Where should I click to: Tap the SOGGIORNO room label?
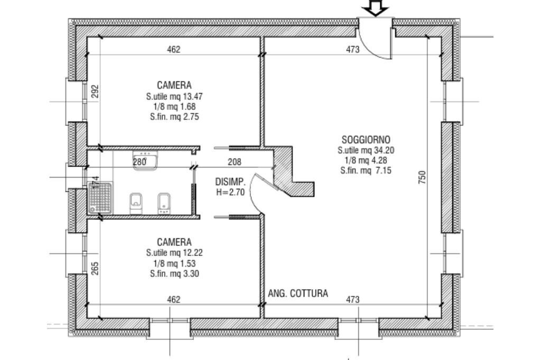[x=366, y=140]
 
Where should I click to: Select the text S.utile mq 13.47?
[x=174, y=97]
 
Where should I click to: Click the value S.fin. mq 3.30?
[x=174, y=273]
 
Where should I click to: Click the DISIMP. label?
[x=230, y=182]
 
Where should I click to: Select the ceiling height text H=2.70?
[x=230, y=192]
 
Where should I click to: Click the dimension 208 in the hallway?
[x=235, y=162]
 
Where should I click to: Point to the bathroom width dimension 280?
[x=139, y=162]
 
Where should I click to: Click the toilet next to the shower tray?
[x=137, y=203]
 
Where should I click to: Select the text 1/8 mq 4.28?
[x=366, y=160]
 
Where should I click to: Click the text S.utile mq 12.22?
[x=174, y=253]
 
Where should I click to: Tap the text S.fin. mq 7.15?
[x=366, y=170]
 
